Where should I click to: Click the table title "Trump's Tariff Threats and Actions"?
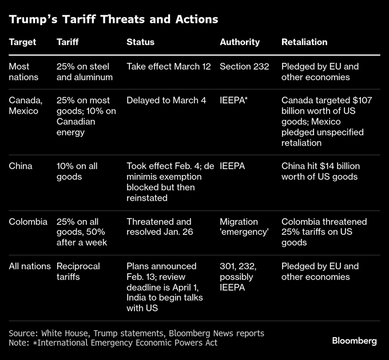(x=113, y=19)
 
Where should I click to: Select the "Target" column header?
(x=22, y=42)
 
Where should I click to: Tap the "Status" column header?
(x=140, y=42)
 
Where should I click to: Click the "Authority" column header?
(x=240, y=42)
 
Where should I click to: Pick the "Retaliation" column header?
(x=304, y=42)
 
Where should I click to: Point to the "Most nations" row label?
(x=23, y=71)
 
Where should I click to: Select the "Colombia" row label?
(x=28, y=222)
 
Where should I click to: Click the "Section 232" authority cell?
(x=244, y=66)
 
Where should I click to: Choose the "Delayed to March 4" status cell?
(x=166, y=100)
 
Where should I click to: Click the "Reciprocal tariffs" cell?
(x=78, y=271)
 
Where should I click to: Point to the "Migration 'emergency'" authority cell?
(x=244, y=227)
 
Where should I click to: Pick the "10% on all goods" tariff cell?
(x=77, y=171)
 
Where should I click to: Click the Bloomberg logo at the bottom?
(x=354, y=341)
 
